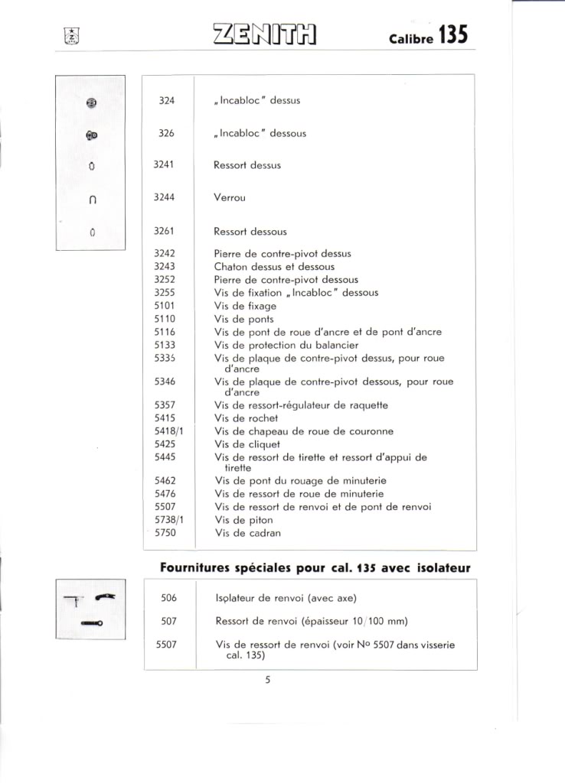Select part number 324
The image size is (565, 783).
coord(167,100)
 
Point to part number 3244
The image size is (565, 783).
coord(165,197)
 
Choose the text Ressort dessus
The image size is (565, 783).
coord(247,165)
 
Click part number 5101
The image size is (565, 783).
coord(165,306)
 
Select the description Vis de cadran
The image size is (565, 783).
coord(247,533)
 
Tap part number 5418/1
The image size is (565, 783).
coord(168,431)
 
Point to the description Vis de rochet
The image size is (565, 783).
coord(246,418)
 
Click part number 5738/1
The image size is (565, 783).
coord(168,520)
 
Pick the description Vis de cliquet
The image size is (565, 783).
coord(247,444)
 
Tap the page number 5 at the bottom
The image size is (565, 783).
coord(268,679)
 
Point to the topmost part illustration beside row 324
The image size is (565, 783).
coord(90,102)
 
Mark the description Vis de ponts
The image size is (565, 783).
coord(243,319)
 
